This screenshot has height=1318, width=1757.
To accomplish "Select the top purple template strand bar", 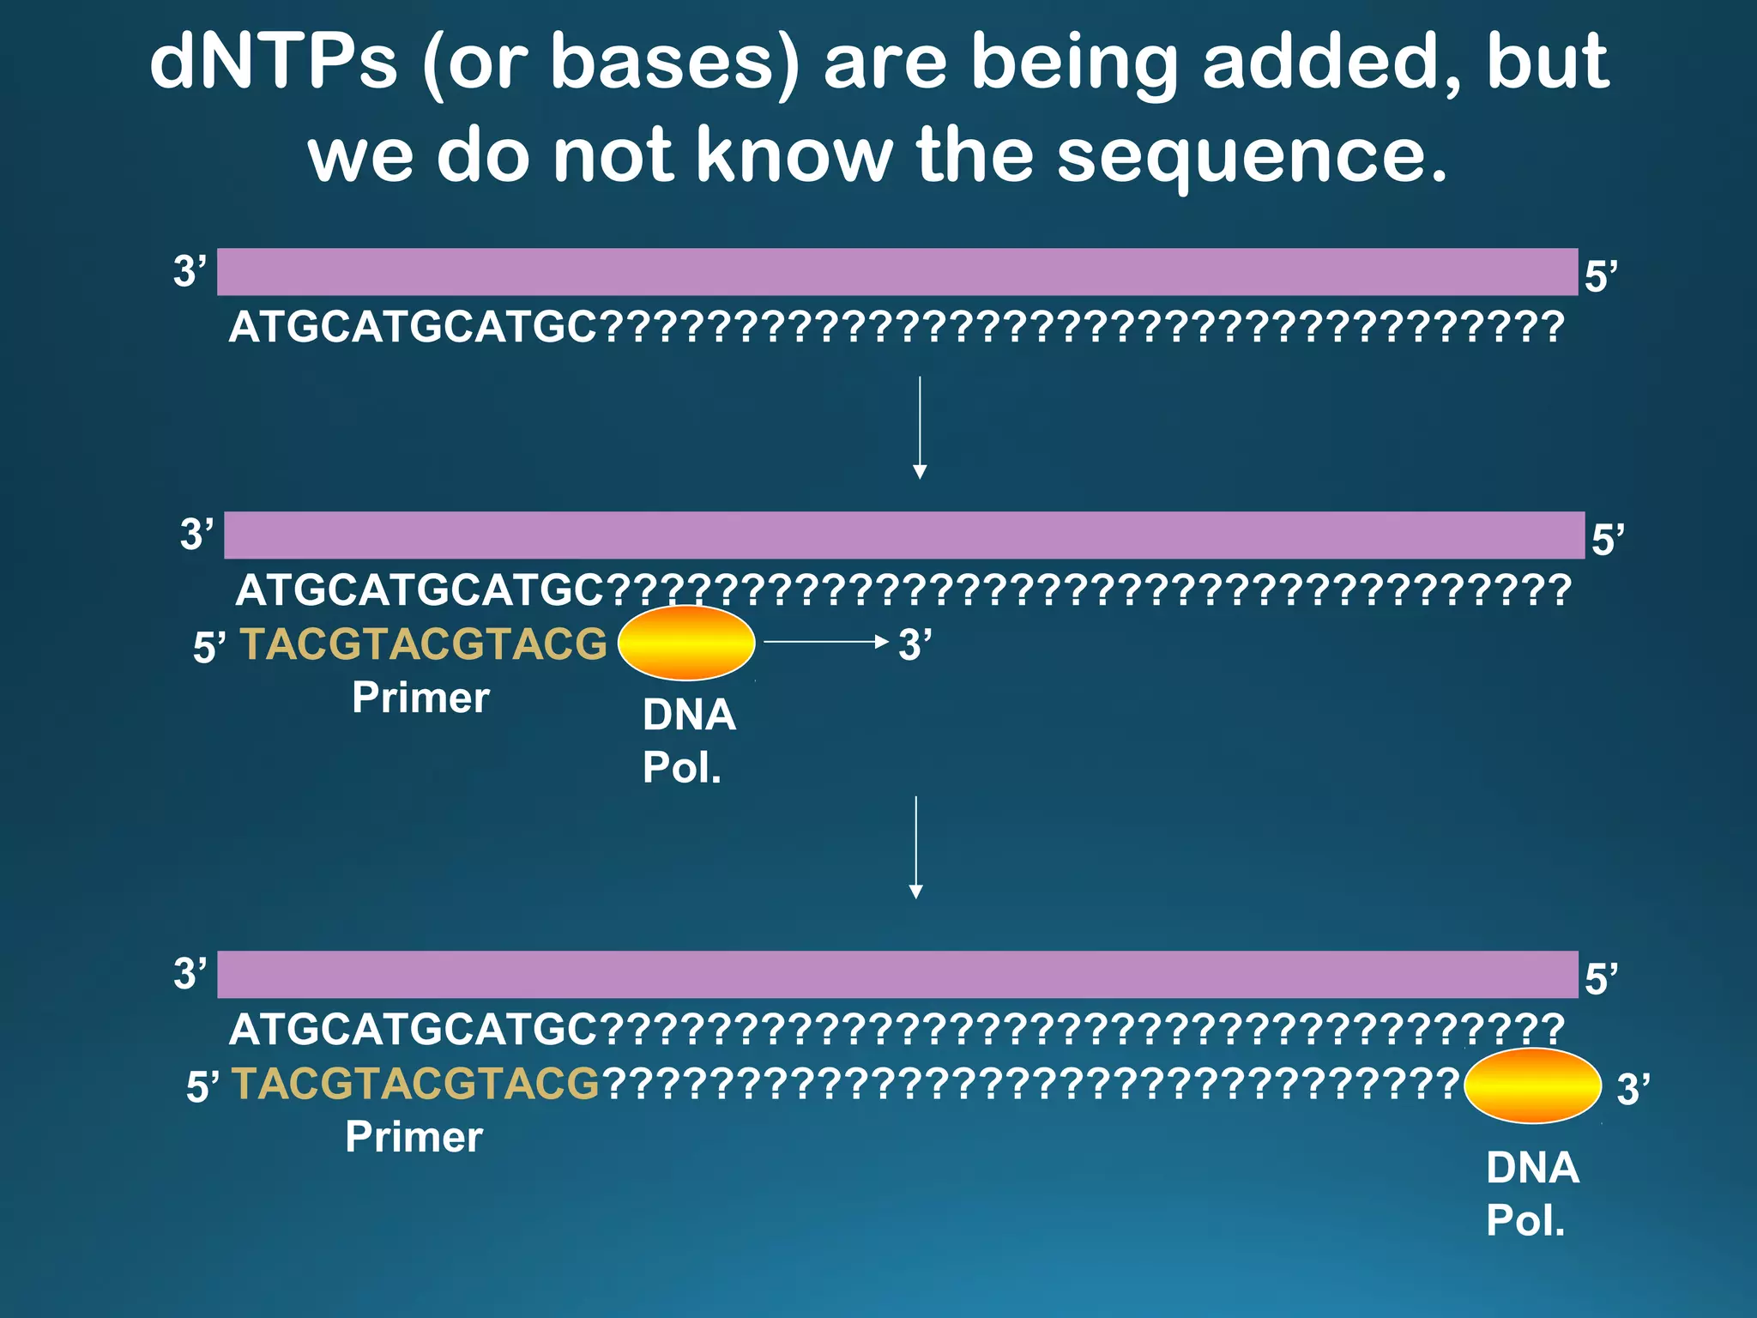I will point(897,272).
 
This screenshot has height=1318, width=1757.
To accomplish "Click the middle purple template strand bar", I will point(903,535).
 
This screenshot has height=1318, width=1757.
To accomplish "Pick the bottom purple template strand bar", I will point(897,974).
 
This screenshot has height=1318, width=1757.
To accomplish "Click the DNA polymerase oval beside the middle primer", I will point(686,643).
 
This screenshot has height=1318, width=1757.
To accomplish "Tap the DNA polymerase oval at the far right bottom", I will point(1532,1085).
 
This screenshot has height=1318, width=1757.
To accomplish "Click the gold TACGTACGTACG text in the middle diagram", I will point(423,644).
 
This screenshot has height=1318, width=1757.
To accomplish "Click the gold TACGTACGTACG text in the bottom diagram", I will point(415,1084).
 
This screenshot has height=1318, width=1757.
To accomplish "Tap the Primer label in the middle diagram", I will point(420,698).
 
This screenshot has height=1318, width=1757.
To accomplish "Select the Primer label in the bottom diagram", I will point(414,1137).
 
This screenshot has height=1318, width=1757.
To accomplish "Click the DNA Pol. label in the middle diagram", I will point(688,741).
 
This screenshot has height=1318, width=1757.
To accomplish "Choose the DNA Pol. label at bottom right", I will point(1531,1194).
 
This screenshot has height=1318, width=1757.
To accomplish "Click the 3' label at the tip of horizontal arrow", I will point(915,645).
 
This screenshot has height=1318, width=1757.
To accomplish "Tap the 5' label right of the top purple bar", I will point(1600,276).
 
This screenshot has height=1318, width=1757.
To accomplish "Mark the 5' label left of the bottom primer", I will point(203,1087).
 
